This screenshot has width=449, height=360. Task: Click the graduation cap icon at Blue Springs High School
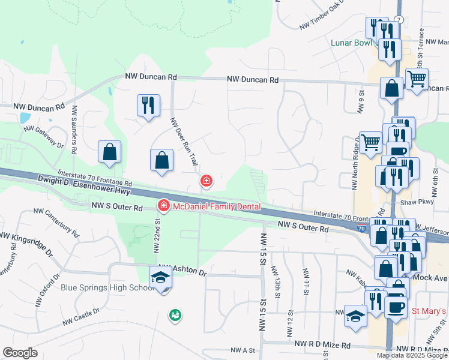point(160,278)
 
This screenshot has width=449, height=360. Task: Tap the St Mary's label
point(429,311)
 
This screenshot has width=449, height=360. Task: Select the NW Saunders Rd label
point(74,131)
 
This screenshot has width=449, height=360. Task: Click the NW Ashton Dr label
point(182,272)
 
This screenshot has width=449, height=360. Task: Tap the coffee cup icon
point(395,305)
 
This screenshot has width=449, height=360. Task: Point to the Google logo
point(20,353)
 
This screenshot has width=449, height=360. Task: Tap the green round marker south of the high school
point(175,314)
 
